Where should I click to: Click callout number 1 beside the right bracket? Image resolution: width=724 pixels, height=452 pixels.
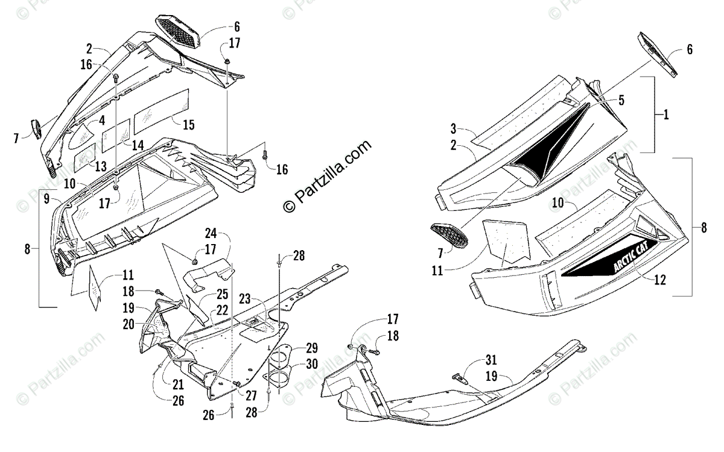666,115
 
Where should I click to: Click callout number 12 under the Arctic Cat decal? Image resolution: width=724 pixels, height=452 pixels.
661,279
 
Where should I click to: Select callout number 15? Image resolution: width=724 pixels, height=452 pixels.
188,125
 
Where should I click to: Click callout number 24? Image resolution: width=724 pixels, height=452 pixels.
210,233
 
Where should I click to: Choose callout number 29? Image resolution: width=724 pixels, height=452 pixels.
311,348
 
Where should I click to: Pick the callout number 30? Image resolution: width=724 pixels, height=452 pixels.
311,364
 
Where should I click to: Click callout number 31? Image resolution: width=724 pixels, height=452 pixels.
492,361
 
